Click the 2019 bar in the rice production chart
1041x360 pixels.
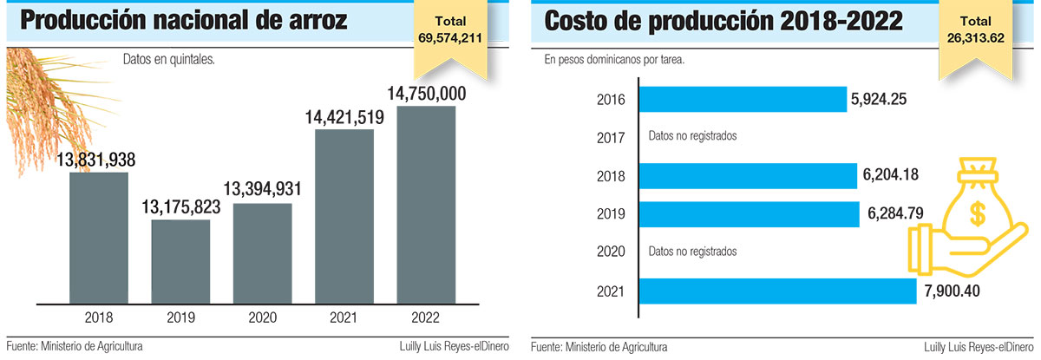180,260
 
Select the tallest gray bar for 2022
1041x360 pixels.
426,204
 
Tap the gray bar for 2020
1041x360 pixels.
263,252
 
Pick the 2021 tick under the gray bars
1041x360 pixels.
344,317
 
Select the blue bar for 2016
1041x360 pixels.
742,99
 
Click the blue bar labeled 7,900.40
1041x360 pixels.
776,291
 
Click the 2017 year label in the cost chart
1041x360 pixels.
611,136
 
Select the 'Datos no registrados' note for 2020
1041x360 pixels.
692,252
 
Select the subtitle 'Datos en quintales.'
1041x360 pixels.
168,61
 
